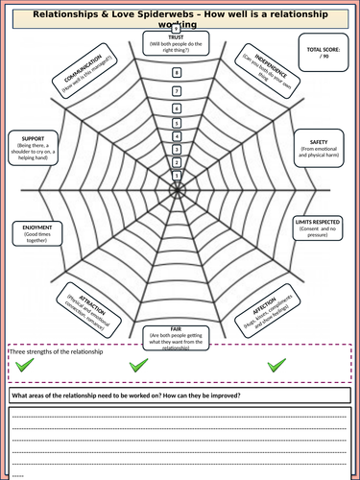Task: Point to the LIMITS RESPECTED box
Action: [x=317, y=228]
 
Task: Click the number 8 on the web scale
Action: [x=176, y=73]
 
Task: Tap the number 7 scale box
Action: [x=176, y=90]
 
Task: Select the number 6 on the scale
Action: [x=176, y=108]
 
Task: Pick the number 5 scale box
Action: [x=176, y=122]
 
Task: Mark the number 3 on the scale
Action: [x=176, y=149]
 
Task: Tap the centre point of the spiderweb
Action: [x=176, y=187]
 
